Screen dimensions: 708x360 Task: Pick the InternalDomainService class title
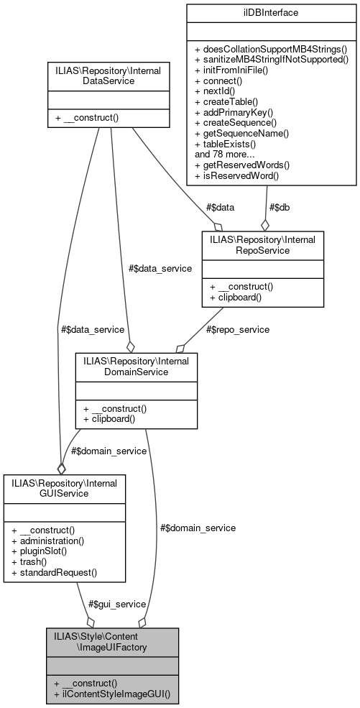136,366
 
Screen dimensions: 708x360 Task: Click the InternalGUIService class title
65,487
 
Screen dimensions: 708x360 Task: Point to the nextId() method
218,93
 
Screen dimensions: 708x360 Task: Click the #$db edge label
279,207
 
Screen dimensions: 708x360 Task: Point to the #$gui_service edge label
118,604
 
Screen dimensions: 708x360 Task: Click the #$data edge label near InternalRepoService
220,207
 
